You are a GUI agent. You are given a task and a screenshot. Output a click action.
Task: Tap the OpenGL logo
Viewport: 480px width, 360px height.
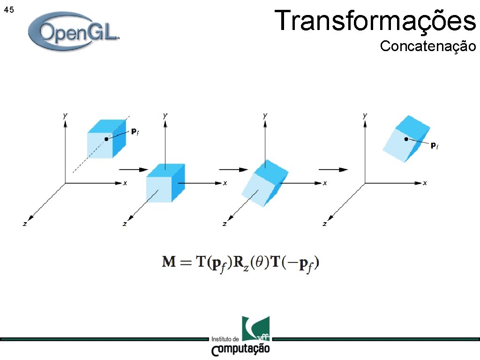[x=74, y=32]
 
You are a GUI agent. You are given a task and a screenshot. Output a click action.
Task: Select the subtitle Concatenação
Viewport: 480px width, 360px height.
[x=427, y=46]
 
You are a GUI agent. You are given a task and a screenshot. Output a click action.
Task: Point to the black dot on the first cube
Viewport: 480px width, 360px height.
[x=106, y=139]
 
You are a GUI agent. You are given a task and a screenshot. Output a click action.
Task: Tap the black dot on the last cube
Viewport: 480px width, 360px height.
[x=406, y=139]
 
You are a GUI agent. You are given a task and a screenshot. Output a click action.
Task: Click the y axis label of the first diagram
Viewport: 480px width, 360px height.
[x=64, y=115]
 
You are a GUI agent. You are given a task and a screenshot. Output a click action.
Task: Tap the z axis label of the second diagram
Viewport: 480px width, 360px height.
[x=124, y=224]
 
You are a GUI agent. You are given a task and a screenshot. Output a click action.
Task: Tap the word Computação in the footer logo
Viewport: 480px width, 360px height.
[x=240, y=350]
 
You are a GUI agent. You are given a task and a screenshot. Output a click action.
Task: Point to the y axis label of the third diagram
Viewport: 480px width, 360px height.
[x=265, y=115]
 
